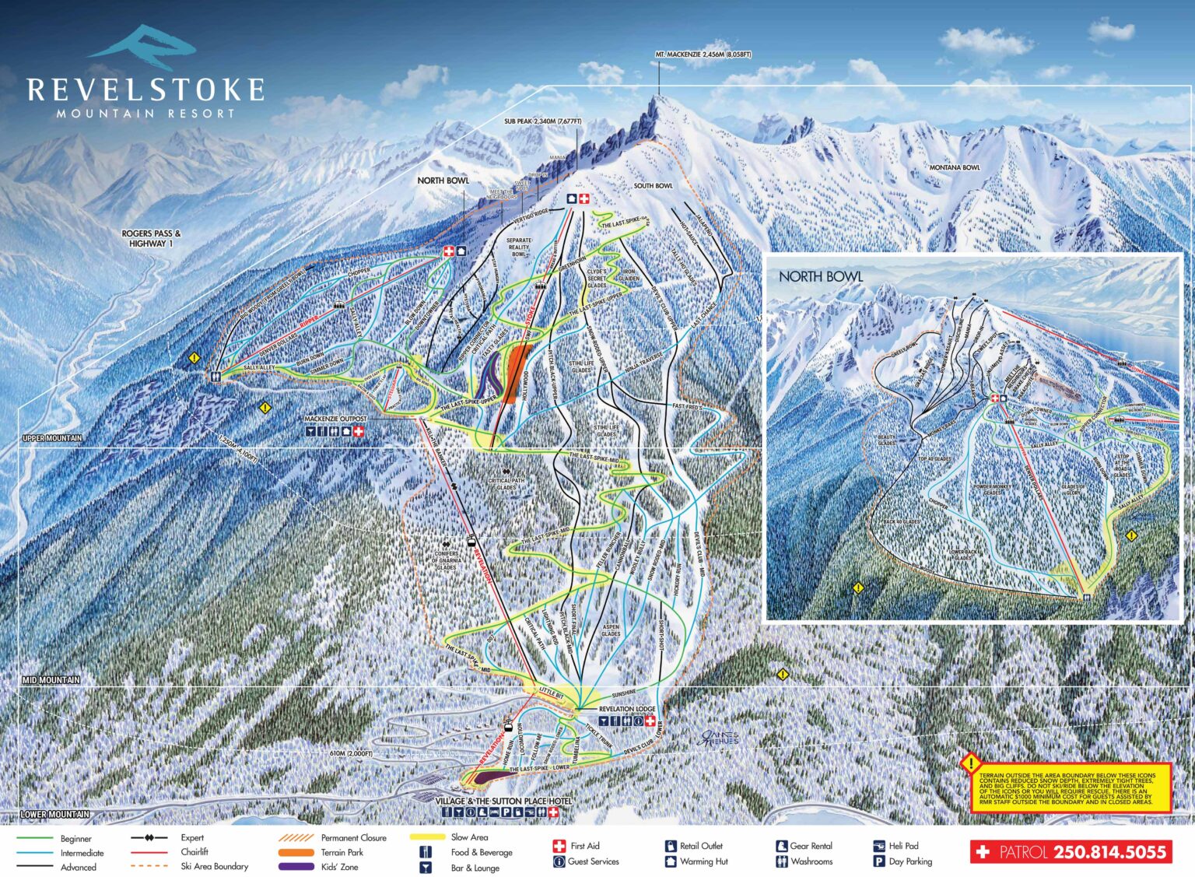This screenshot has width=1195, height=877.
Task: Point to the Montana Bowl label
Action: (x=955, y=167)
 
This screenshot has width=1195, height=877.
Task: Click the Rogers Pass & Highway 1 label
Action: (x=151, y=238)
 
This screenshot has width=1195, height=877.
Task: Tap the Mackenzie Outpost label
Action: (x=335, y=419)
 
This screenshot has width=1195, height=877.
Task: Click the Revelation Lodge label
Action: (x=627, y=710)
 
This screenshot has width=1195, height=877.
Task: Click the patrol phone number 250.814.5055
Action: (x=1110, y=852)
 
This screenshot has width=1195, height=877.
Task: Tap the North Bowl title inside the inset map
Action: (x=820, y=276)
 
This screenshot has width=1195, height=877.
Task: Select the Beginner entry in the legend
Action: (x=75, y=839)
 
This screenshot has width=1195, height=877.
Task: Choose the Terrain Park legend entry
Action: (x=342, y=852)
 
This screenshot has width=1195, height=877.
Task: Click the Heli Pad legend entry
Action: (x=902, y=846)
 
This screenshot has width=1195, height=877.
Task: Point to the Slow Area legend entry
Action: (x=469, y=837)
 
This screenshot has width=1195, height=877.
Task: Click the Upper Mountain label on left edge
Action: (x=52, y=438)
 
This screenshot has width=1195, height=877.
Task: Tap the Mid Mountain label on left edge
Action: (x=51, y=680)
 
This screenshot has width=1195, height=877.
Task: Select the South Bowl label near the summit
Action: (x=653, y=186)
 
